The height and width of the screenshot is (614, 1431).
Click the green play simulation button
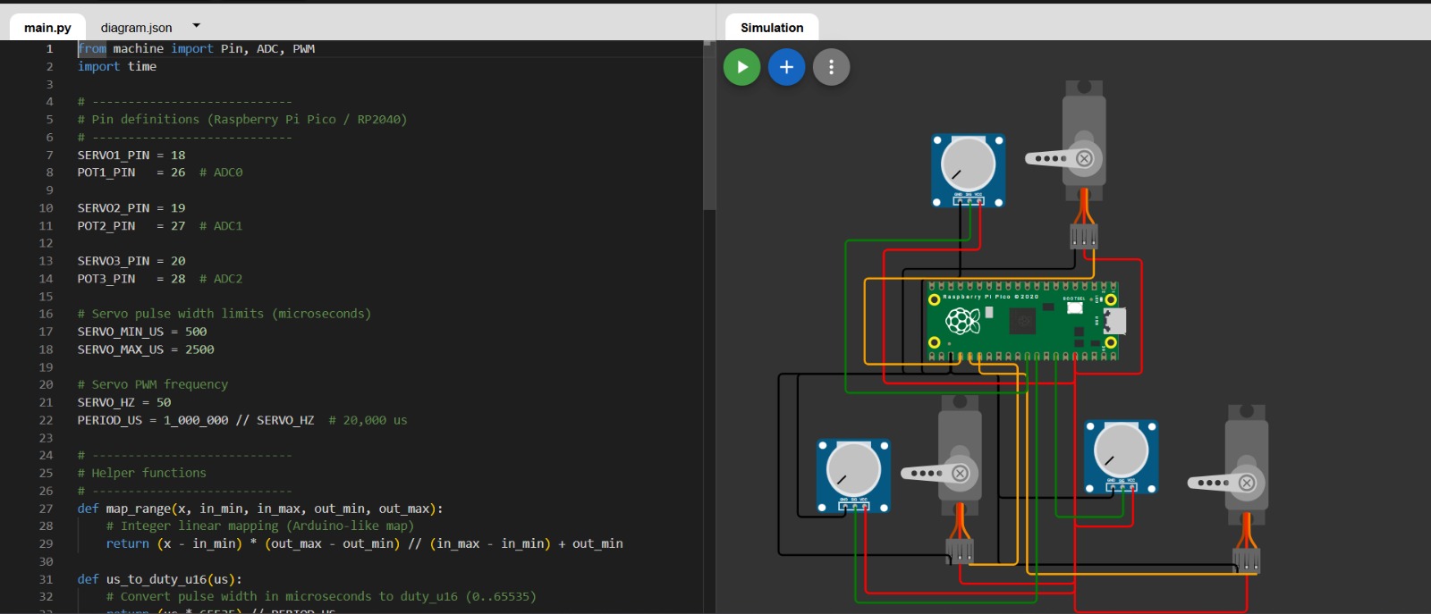click(x=741, y=67)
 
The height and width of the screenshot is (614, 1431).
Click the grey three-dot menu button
click(x=831, y=67)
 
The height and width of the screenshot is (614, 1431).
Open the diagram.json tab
click(x=136, y=28)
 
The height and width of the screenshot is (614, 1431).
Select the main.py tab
click(x=47, y=28)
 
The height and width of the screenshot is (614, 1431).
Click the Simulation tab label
click(x=772, y=28)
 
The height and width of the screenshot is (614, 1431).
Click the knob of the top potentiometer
click(x=969, y=164)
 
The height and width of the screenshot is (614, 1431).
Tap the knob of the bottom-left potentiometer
click(x=853, y=469)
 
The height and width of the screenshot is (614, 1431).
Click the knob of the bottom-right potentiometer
click(x=1122, y=450)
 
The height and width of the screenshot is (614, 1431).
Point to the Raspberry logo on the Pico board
click(x=963, y=320)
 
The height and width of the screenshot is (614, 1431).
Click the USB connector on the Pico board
click(x=1114, y=320)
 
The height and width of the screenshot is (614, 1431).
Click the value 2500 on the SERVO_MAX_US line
click(x=199, y=349)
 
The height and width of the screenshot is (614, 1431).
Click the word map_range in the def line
click(x=139, y=509)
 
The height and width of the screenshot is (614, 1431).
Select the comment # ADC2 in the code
click(x=221, y=279)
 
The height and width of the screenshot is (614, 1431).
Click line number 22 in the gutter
click(x=46, y=420)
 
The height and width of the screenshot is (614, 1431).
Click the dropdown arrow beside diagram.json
click(x=197, y=26)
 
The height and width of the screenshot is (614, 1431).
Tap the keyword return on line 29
click(x=128, y=543)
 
